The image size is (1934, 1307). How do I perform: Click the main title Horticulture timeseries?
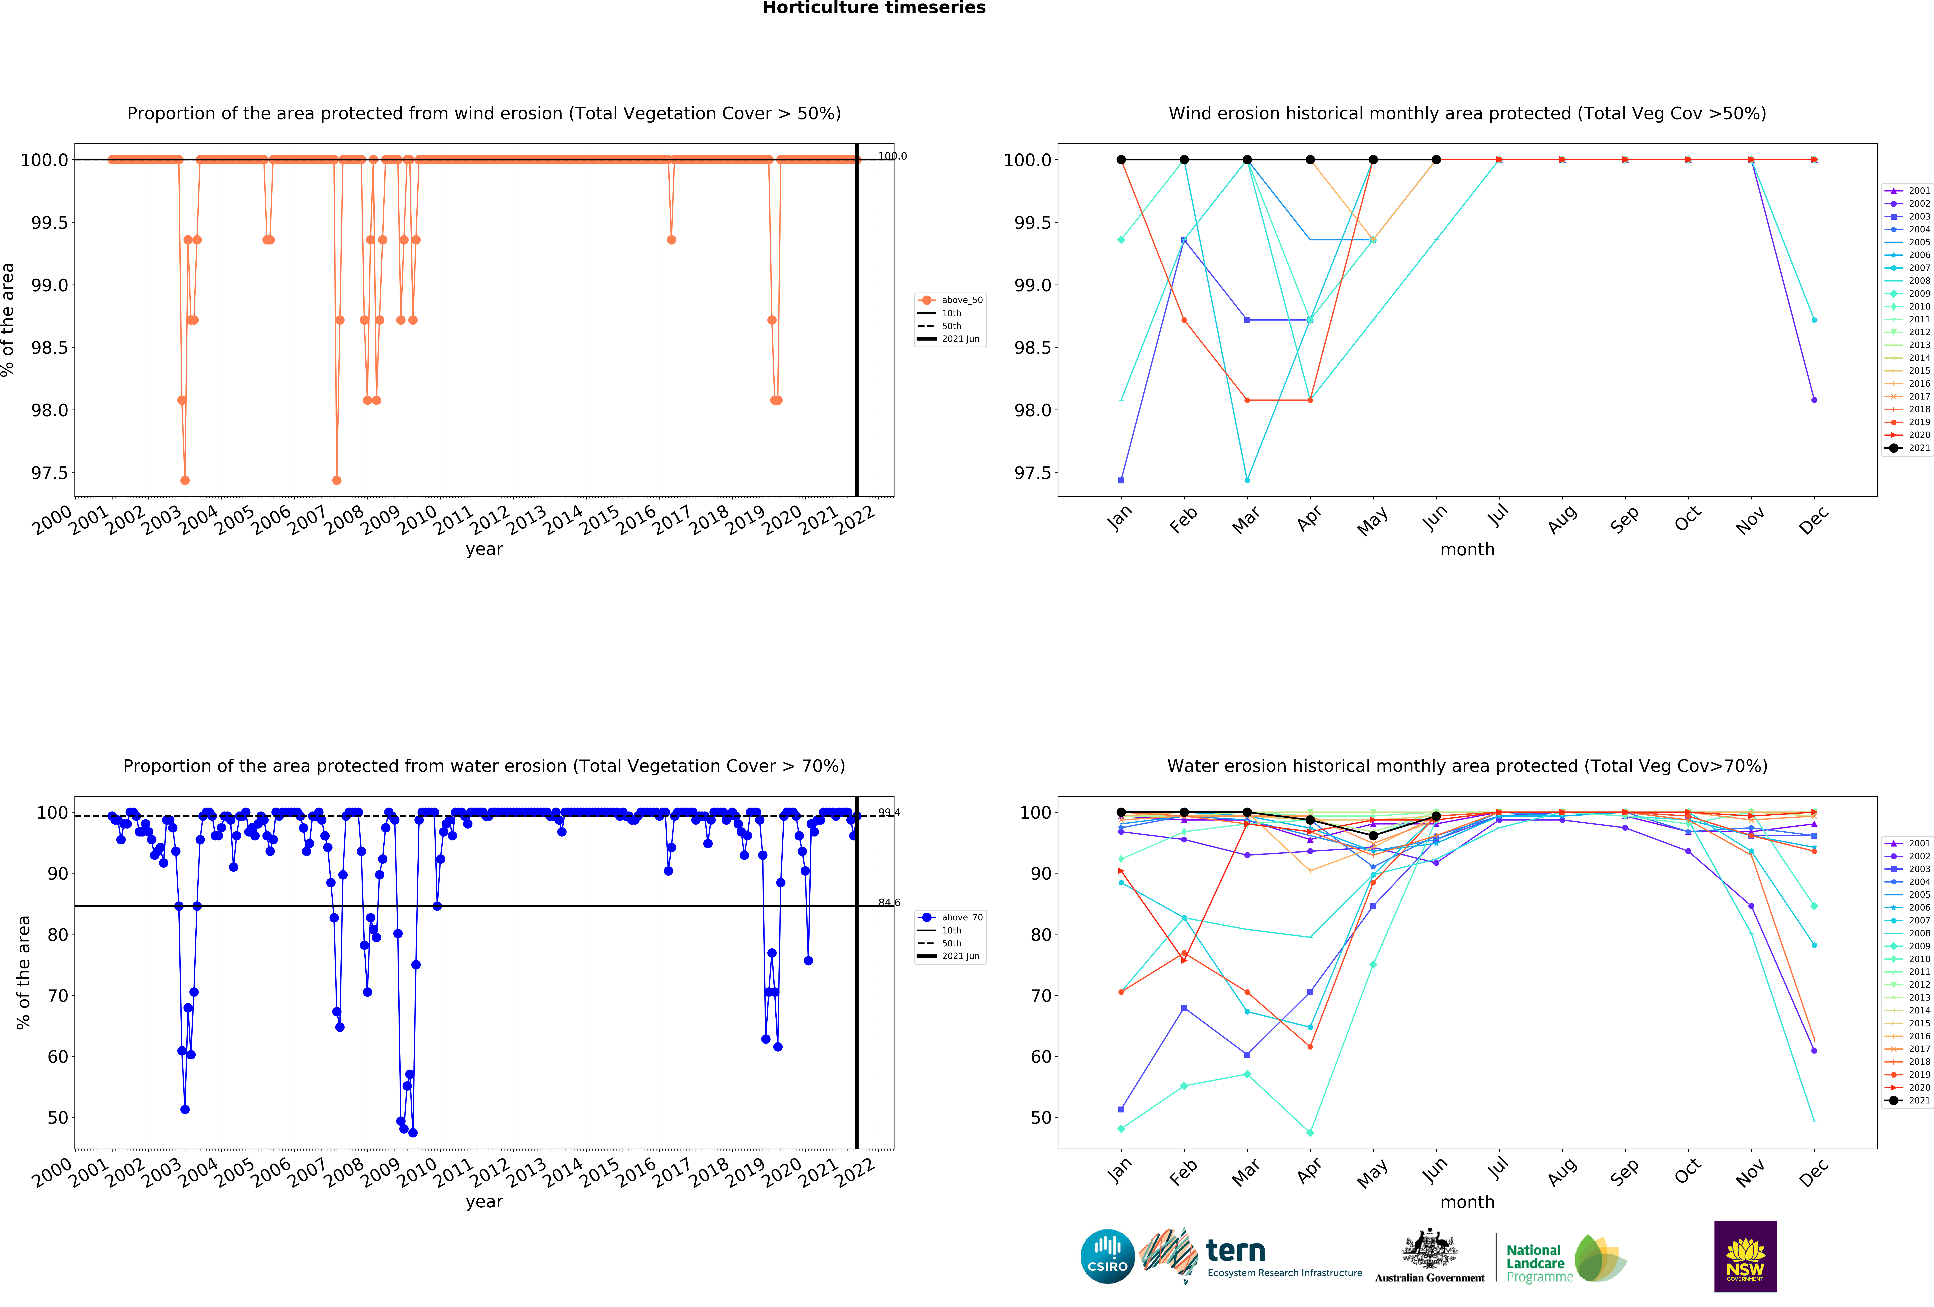tap(874, 8)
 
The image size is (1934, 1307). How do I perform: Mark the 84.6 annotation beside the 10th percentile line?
tap(889, 903)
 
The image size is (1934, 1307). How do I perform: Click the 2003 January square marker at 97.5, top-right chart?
tap(1121, 480)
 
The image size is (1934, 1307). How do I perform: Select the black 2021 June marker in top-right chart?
tap(1436, 160)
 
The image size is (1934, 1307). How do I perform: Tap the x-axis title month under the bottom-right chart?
tap(1467, 1202)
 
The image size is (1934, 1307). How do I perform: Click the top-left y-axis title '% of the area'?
tap(8, 320)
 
